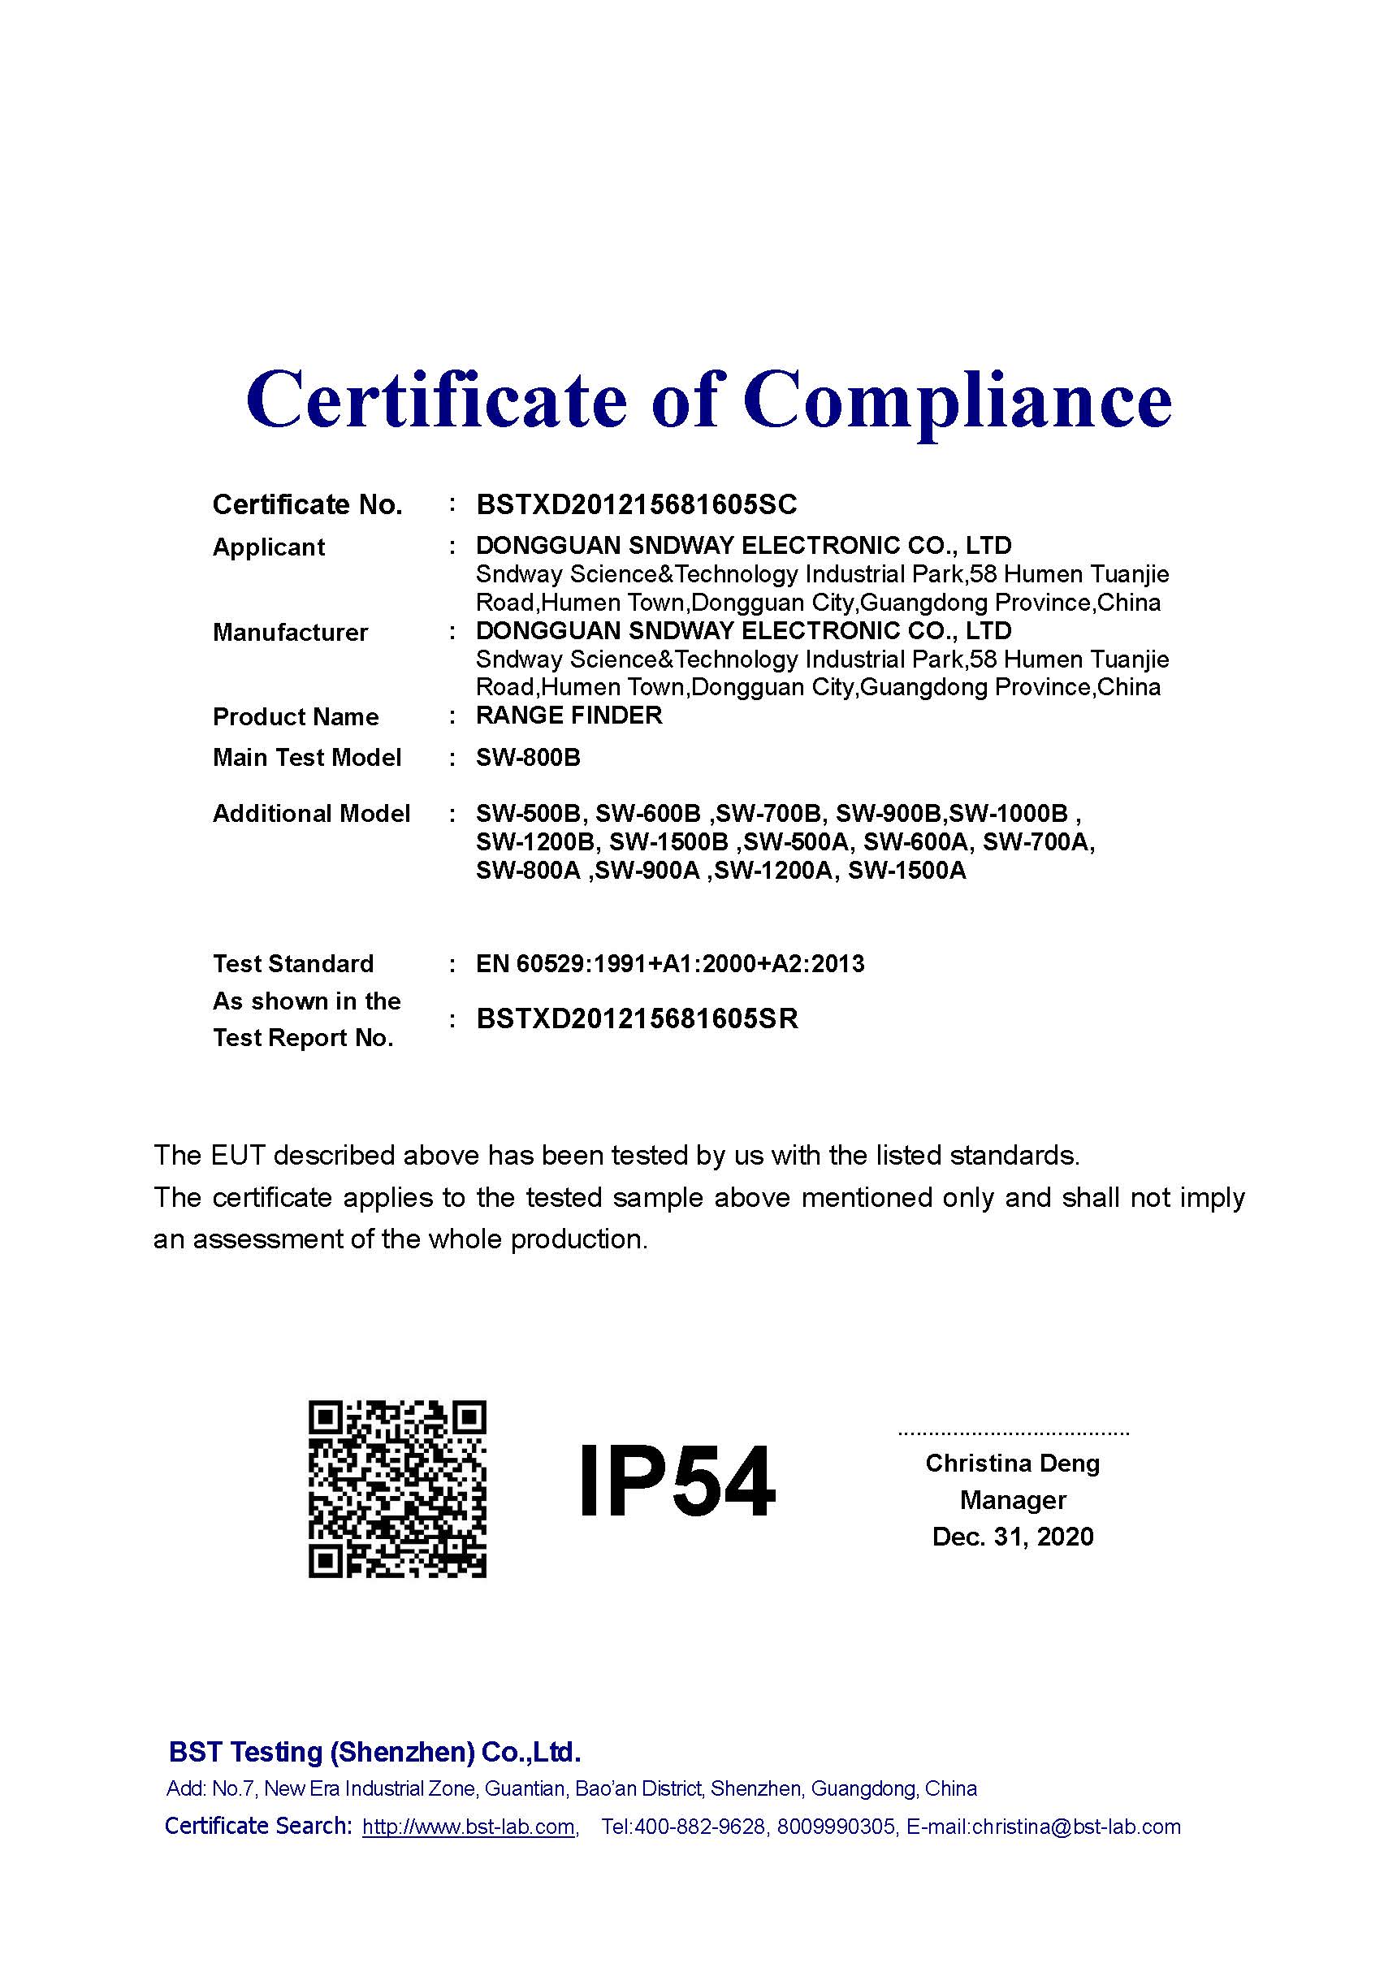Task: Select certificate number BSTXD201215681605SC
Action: tap(636, 504)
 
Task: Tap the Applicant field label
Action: tap(269, 547)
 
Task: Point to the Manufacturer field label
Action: tap(290, 633)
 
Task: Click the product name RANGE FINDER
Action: tap(569, 716)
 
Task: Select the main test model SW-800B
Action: tap(528, 758)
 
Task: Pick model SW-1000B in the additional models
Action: tap(1008, 813)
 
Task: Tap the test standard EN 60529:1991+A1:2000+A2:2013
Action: tap(669, 963)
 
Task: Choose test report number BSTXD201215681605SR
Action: tap(637, 1019)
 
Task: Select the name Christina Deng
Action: tap(1012, 1463)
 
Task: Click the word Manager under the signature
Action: tap(1012, 1500)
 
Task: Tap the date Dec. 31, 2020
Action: tap(1012, 1537)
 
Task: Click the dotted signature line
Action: tap(1013, 1433)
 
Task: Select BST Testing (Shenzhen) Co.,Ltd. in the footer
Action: tap(374, 1752)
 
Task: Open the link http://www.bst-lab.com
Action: tap(469, 1827)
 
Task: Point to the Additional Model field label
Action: tap(311, 813)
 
